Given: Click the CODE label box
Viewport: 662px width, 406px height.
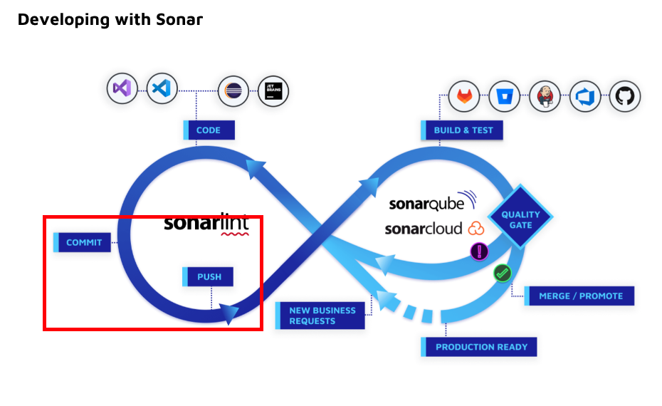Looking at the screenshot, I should click(x=209, y=130).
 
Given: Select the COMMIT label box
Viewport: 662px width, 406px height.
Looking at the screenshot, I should click(x=84, y=242).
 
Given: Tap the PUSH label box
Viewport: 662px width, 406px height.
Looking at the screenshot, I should click(x=209, y=276).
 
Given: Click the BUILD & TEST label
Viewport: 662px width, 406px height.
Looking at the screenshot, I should click(x=461, y=130).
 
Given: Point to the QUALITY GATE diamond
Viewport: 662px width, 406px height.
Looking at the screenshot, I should click(x=520, y=219).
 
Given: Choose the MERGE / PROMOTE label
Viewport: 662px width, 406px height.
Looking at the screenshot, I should click(x=580, y=296).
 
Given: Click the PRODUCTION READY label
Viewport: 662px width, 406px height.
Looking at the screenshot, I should click(x=481, y=347).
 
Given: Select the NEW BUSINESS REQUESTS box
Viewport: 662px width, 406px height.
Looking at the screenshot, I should click(x=322, y=316).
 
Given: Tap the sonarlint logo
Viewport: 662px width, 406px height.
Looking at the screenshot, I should click(x=206, y=223).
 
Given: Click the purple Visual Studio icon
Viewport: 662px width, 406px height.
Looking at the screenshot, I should click(x=122, y=89).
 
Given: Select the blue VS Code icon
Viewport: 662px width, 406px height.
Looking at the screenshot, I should click(x=162, y=89).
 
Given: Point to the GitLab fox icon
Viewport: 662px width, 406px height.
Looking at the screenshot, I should click(x=464, y=95).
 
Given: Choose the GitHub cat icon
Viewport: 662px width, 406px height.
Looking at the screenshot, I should click(x=625, y=95).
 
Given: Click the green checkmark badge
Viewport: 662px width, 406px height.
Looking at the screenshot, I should click(x=503, y=272).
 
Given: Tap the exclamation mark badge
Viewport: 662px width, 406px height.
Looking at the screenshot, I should click(x=479, y=251).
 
